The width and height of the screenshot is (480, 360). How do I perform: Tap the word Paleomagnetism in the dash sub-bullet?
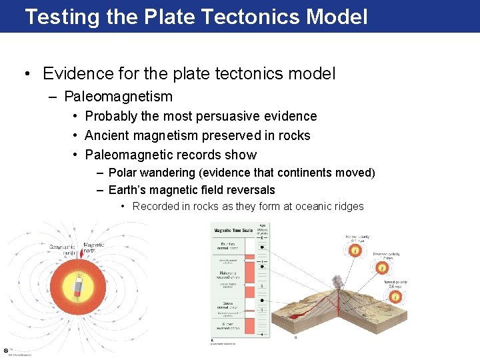118,97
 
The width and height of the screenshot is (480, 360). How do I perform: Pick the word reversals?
247,190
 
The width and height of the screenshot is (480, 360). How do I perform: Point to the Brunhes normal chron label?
229,247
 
